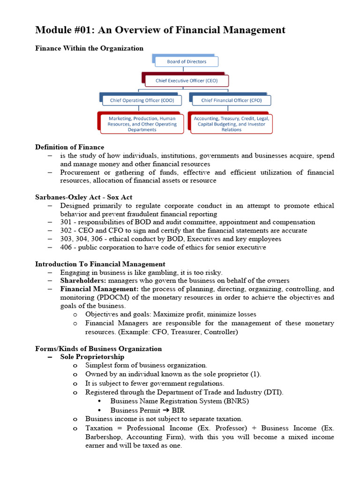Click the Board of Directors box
(186, 61)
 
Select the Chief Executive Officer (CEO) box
(187, 81)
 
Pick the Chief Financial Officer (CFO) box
(231, 100)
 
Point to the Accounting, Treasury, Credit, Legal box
(232, 124)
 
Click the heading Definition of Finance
(69, 147)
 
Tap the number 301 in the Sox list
(66, 222)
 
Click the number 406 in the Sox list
(66, 247)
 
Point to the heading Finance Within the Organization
(89, 48)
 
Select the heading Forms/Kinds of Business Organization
(98, 348)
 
